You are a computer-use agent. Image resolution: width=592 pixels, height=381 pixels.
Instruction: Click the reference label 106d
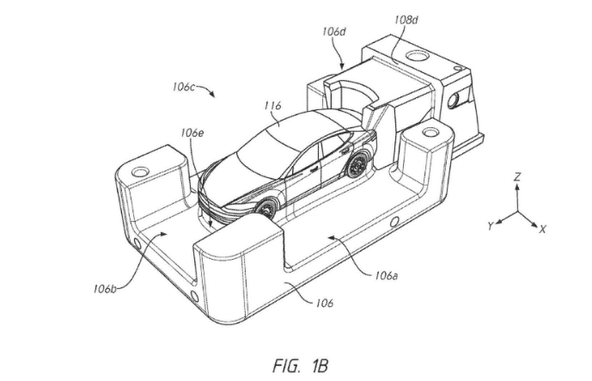pyautogui.click(x=334, y=31)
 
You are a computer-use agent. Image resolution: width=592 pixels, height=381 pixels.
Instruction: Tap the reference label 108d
pyautogui.click(x=406, y=20)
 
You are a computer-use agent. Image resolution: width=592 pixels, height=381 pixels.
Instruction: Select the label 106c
pyautogui.click(x=184, y=87)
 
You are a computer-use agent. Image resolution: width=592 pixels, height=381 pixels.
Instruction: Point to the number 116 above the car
pyautogui.click(x=272, y=106)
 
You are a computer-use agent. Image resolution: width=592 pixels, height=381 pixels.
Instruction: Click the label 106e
pyautogui.click(x=192, y=132)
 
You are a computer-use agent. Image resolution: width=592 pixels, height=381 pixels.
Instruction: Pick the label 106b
pyautogui.click(x=105, y=289)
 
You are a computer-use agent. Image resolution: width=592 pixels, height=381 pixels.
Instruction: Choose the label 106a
pyautogui.click(x=386, y=276)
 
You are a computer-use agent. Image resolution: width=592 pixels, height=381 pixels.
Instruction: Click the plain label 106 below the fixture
pyautogui.click(x=325, y=303)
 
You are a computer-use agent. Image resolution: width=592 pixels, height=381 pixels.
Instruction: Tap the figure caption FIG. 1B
pyautogui.click(x=300, y=366)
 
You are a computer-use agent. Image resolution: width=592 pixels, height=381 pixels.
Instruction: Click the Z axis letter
pyautogui.click(x=517, y=176)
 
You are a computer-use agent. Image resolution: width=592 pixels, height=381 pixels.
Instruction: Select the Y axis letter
pyautogui.click(x=491, y=226)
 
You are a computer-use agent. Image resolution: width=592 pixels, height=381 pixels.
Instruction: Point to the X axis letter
pyautogui.click(x=542, y=229)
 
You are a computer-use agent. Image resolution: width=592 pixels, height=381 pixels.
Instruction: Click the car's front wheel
pyautogui.click(x=266, y=209)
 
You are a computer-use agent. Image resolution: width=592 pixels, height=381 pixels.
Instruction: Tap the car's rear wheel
pyautogui.click(x=356, y=166)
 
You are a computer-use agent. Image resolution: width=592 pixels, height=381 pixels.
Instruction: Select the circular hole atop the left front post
pyautogui.click(x=140, y=172)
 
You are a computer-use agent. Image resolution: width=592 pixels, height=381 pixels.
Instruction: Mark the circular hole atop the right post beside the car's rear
pyautogui.click(x=430, y=132)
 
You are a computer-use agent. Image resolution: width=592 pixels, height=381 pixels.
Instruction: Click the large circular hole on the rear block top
pyautogui.click(x=418, y=56)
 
